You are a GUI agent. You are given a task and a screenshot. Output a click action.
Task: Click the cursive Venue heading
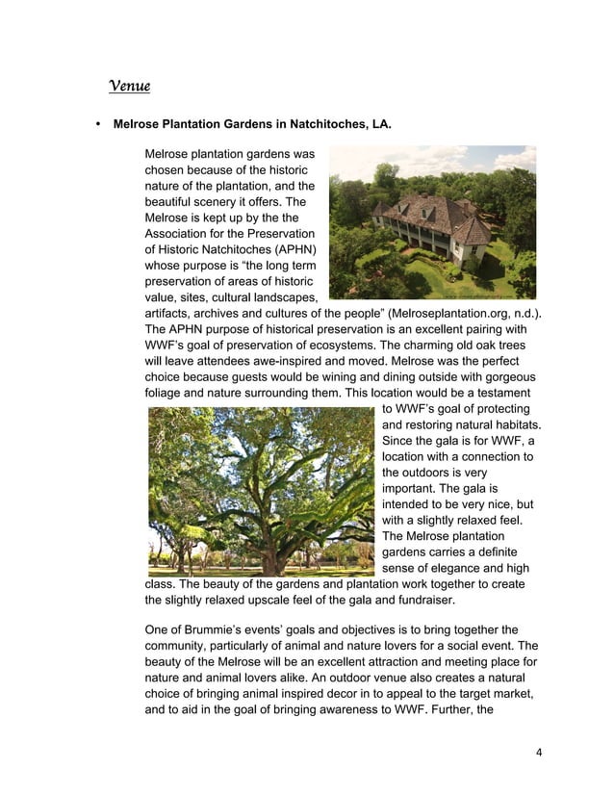pos(129,87)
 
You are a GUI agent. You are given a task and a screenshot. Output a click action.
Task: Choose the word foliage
pos(165,393)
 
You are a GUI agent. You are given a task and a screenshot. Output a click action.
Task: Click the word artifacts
pos(168,314)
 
